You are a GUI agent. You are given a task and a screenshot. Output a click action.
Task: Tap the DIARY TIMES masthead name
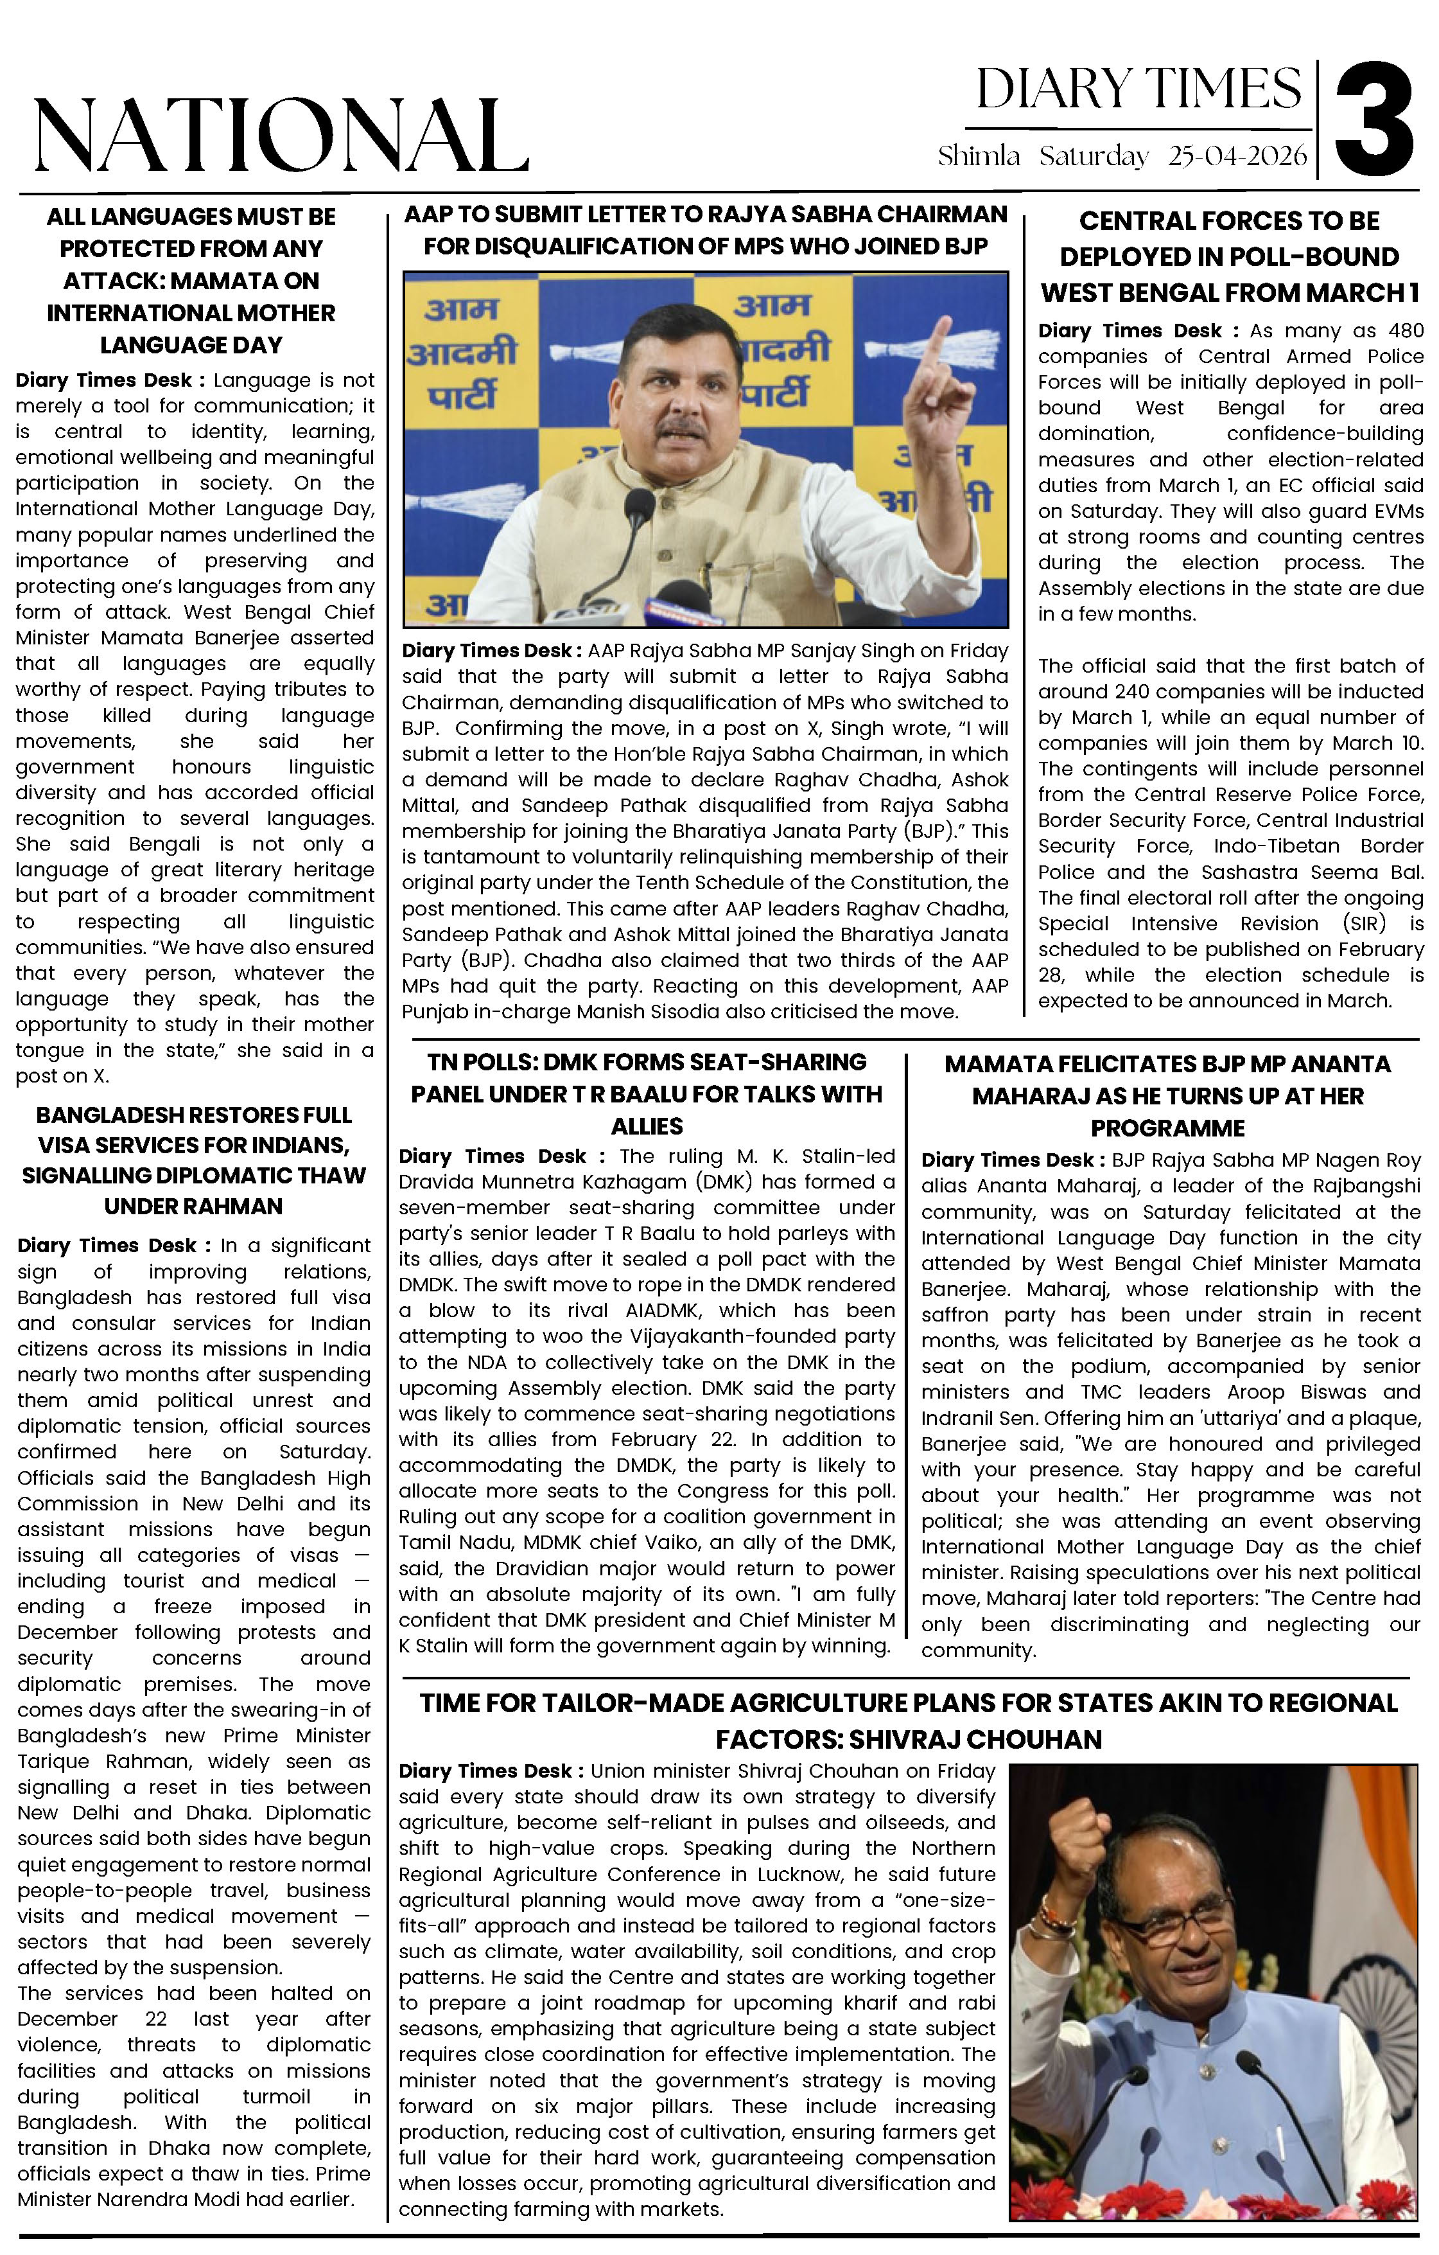tap(1138, 90)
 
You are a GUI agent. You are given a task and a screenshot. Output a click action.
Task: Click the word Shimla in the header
tap(979, 155)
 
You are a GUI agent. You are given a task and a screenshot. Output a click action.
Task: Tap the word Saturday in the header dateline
tap(1094, 155)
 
